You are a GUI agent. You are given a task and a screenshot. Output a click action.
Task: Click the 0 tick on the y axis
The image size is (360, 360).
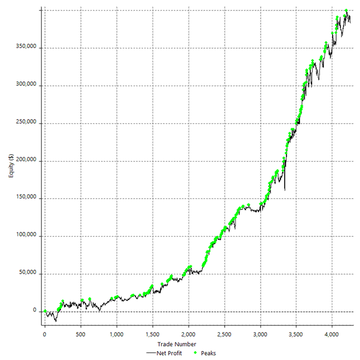35,311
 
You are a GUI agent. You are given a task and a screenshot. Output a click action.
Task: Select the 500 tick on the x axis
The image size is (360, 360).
81,334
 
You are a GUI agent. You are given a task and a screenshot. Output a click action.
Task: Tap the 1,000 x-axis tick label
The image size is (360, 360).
116,334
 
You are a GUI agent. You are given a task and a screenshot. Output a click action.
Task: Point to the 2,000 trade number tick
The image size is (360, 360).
188,334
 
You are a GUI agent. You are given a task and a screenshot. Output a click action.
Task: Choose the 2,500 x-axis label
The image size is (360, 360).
224,334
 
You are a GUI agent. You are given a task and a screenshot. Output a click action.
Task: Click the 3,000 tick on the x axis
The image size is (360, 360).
260,334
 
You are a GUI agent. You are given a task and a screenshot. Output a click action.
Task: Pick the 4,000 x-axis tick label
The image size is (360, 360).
331,334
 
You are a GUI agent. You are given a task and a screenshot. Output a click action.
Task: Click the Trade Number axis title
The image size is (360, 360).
179,344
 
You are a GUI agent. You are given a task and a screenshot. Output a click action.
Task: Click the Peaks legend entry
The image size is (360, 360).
207,353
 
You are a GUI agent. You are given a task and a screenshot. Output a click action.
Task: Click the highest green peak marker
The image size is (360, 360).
346,10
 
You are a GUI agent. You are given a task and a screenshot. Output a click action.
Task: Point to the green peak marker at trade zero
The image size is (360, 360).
45,311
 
